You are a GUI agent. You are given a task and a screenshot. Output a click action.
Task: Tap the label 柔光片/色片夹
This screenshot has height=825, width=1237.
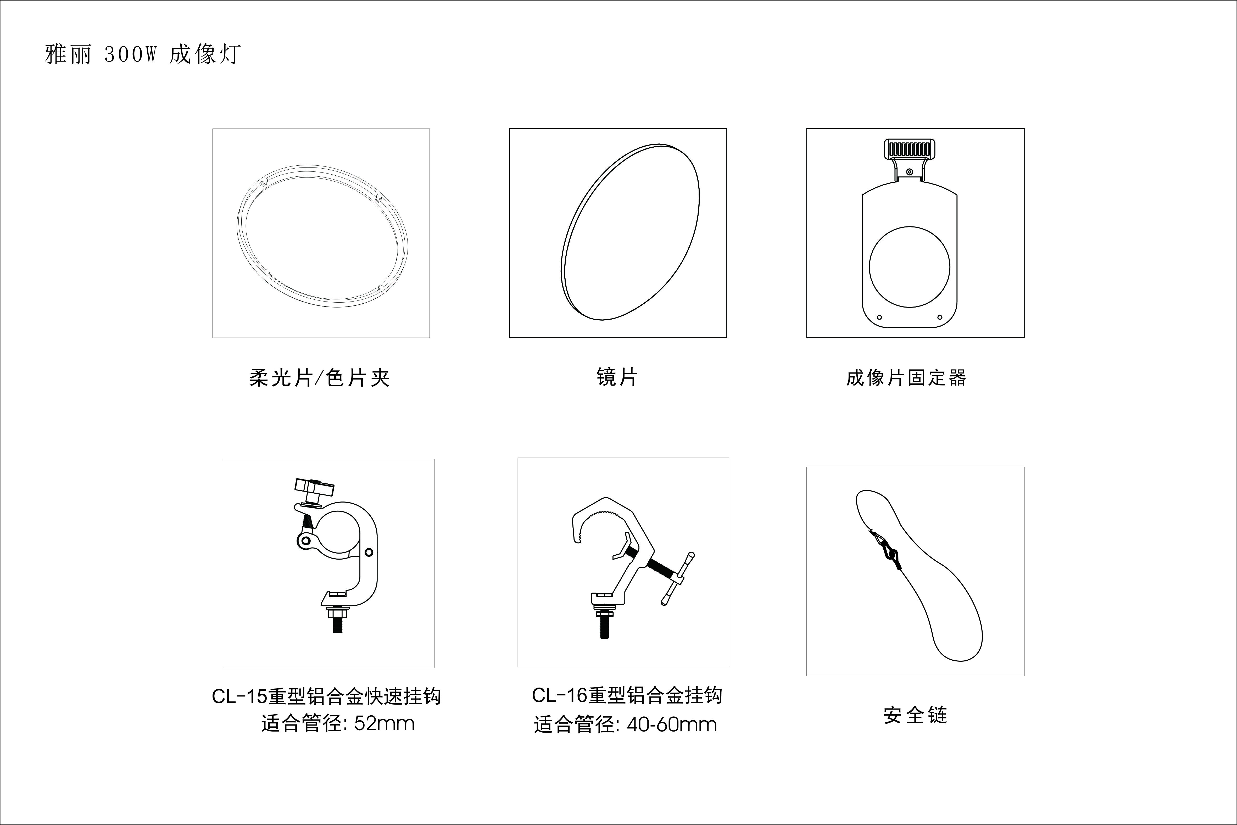coord(319,378)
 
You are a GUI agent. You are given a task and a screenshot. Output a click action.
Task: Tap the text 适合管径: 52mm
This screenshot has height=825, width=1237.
coord(338,723)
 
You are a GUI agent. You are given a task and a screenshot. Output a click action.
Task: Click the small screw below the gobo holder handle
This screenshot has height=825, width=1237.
coord(910,172)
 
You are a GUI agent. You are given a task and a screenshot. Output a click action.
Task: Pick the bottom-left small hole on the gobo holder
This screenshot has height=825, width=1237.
coord(879,317)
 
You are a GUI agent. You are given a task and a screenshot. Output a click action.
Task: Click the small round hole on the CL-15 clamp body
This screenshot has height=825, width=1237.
coord(369,553)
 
